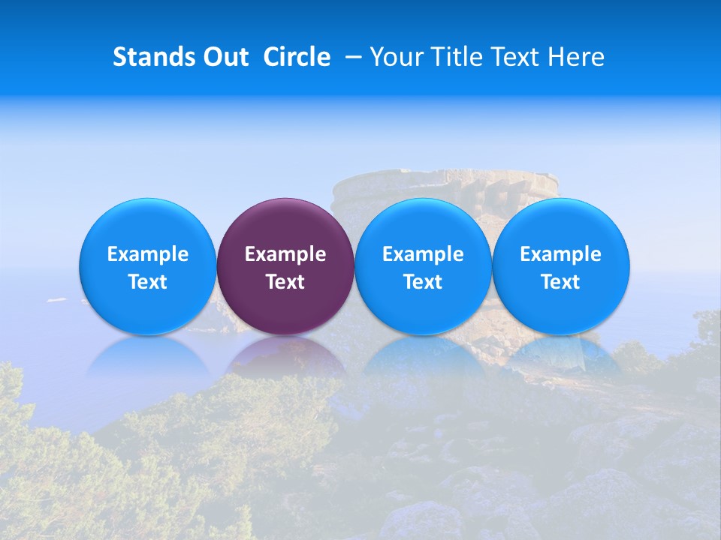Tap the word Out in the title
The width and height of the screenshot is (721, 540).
[224, 57]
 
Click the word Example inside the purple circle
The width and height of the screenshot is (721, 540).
[285, 254]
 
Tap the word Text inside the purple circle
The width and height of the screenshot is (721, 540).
[285, 282]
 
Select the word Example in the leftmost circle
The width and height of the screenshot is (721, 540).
[147, 254]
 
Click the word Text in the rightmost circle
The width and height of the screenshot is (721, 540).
[561, 282]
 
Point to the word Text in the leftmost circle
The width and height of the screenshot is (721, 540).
[147, 282]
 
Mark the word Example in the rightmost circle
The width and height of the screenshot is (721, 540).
[561, 254]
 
